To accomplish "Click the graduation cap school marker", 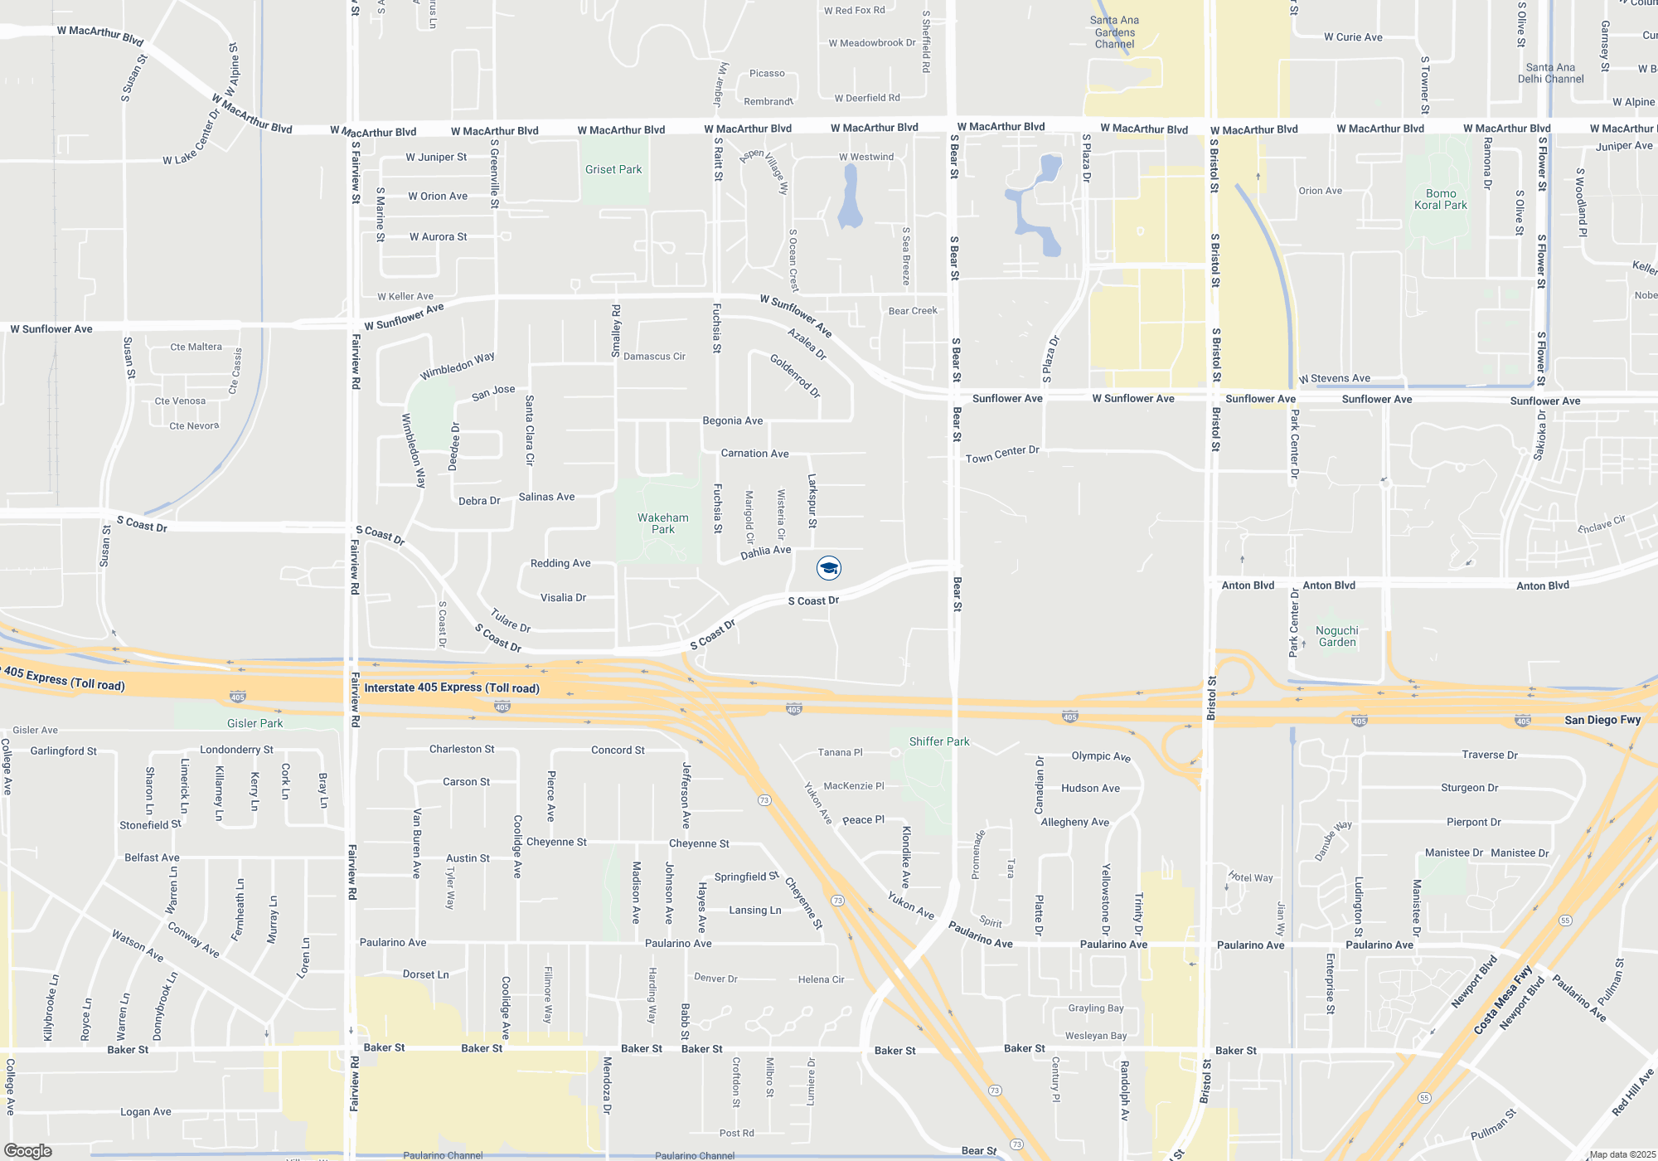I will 829,567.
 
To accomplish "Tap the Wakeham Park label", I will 663,523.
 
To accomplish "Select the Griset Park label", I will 613,169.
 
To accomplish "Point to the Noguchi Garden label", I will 1337,636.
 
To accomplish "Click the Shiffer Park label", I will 938,741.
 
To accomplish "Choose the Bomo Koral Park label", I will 1441,199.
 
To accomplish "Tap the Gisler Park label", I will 255,723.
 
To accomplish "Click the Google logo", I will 28,1150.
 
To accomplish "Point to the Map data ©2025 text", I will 1622,1154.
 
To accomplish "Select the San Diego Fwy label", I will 1602,720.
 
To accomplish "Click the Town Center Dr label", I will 1001,454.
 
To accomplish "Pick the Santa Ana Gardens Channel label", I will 1114,32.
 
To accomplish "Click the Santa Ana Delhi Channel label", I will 1550,73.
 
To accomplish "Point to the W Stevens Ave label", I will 1335,378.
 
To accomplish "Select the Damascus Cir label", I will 654,357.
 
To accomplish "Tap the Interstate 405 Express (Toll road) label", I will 452,687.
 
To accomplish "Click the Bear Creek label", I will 913,311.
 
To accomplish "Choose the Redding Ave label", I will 560,563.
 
